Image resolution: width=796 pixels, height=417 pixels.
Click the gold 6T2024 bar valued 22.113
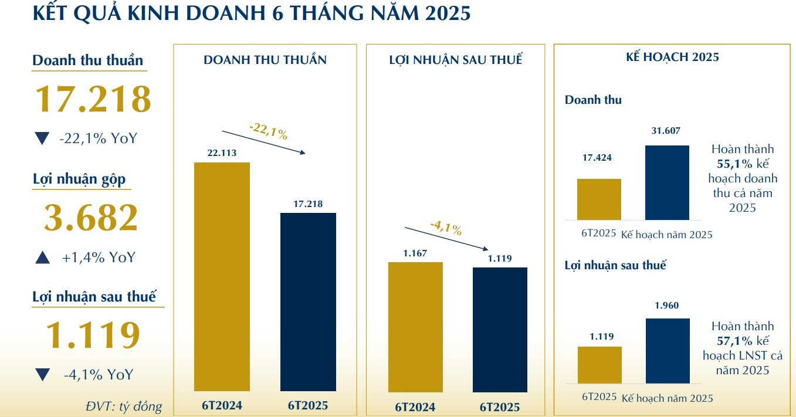click(222, 277)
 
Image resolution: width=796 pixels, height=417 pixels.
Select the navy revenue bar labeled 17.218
click(308, 302)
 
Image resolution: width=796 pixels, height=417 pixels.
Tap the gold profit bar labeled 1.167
click(415, 327)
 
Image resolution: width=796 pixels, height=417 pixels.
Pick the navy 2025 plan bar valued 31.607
click(667, 182)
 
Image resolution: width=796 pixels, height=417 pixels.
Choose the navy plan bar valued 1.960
click(668, 351)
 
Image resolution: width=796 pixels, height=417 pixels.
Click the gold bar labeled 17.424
click(599, 199)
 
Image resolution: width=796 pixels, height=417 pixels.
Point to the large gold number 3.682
click(91, 218)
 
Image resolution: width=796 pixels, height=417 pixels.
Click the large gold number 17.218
click(93, 99)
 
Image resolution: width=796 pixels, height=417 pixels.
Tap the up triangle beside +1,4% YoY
click(43, 257)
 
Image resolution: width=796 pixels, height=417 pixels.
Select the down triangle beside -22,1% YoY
click(42, 138)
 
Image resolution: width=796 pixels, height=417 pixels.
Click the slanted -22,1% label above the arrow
click(268, 131)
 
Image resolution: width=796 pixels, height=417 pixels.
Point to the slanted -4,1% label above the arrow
click(446, 228)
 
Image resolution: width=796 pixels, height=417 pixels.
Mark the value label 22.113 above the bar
click(222, 152)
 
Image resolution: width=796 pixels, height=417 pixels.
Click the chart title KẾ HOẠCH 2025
click(672, 57)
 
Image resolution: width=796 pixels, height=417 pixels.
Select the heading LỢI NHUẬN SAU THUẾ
click(456, 60)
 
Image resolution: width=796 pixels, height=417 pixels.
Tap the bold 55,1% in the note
click(734, 164)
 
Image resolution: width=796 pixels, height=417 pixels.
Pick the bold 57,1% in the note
click(734, 341)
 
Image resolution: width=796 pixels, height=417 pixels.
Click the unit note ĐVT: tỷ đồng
click(124, 406)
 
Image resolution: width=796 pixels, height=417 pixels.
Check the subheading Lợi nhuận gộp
click(79, 179)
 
